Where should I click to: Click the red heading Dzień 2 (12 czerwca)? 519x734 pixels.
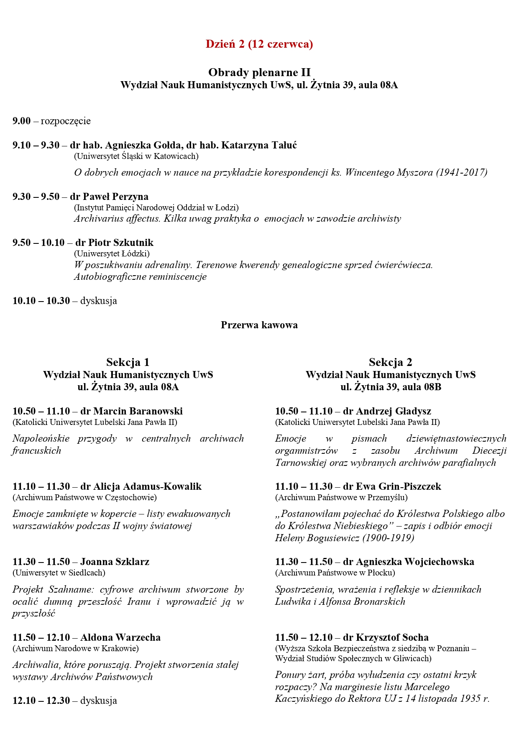(x=259, y=44)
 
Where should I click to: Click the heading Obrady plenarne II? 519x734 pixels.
(x=259, y=72)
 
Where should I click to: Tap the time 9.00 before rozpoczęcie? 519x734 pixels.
(x=22, y=121)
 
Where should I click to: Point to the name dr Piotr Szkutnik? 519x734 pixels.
(x=114, y=243)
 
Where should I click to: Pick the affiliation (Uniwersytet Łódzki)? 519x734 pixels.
(x=112, y=253)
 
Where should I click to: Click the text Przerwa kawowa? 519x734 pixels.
(x=259, y=325)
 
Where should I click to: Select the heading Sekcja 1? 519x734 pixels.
(x=128, y=362)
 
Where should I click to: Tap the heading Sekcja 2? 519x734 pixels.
(x=390, y=362)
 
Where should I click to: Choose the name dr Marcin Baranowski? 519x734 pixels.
(x=131, y=411)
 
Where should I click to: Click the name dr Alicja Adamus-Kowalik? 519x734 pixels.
(x=141, y=486)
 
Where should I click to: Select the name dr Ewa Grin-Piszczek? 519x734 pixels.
(x=392, y=486)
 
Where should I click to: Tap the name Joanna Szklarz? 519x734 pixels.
(x=115, y=562)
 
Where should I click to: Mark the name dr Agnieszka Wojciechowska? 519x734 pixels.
(x=408, y=562)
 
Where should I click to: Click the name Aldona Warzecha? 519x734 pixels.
(x=120, y=637)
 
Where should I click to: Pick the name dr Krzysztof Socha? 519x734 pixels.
(x=386, y=637)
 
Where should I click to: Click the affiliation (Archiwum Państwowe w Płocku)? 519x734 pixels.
(x=335, y=573)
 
